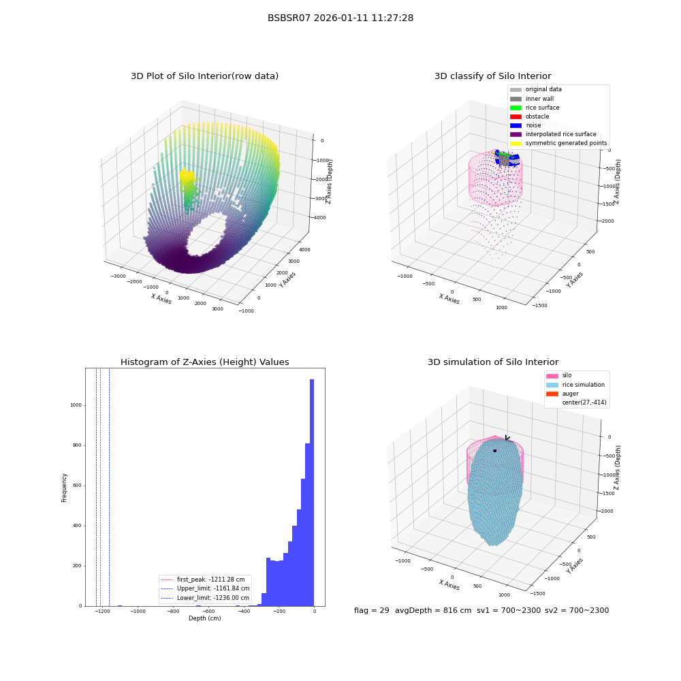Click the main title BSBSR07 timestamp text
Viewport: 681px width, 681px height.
(x=340, y=18)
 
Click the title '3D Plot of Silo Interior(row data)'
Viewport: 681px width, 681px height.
(x=204, y=76)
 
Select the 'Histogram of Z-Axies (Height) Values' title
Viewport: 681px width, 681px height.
(x=204, y=362)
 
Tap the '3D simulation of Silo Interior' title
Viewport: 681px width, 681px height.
(x=493, y=362)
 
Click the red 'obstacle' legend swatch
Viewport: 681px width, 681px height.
(x=516, y=116)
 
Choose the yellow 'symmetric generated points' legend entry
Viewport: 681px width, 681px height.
(x=558, y=143)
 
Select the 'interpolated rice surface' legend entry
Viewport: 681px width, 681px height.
(x=553, y=134)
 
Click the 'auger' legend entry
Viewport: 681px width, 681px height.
(x=563, y=394)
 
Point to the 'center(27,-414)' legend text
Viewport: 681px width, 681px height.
(x=584, y=402)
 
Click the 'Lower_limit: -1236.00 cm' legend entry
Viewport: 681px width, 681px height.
(x=205, y=598)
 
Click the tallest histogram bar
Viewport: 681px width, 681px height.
(x=312, y=492)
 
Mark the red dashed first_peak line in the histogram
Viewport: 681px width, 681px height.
(x=100, y=487)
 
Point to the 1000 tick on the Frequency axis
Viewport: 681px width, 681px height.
(x=76, y=405)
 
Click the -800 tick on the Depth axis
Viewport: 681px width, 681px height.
(x=173, y=612)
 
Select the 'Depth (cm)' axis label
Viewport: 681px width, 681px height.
(x=204, y=618)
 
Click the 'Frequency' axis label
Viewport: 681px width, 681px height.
(x=64, y=488)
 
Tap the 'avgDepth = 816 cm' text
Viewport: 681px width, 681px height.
(x=433, y=610)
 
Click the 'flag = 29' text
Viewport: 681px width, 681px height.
(x=372, y=610)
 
